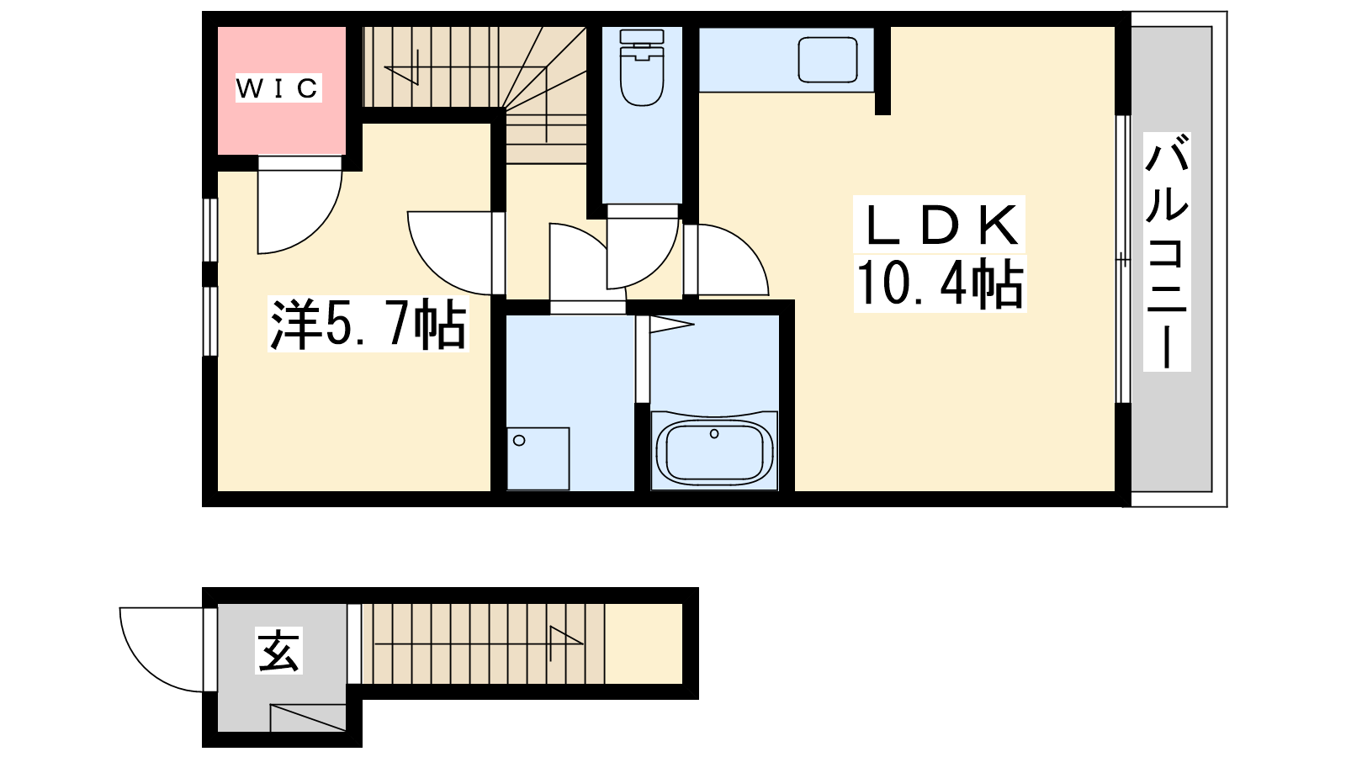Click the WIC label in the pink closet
pyautogui.click(x=278, y=88)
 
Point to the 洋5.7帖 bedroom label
pyautogui.click(x=368, y=325)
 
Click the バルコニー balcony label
pyautogui.click(x=1166, y=251)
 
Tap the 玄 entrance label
pyautogui.click(x=278, y=650)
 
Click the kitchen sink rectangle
pyautogui.click(x=828, y=60)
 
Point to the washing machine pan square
pyautogui.click(x=538, y=458)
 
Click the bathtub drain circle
pyautogui.click(x=714, y=434)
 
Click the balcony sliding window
pyautogui.click(x=1123, y=259)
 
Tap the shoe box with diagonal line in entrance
pyautogui.click(x=308, y=717)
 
